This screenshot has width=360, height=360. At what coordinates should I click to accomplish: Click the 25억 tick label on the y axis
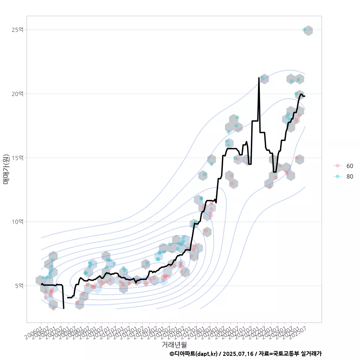pos(17,30)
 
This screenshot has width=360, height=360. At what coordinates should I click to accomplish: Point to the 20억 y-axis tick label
pos(17,94)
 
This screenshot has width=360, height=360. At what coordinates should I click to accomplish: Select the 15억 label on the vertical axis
pos(17,157)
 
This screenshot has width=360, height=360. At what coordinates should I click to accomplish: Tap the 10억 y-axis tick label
pos(17,222)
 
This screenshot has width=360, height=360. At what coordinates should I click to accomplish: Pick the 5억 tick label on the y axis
pos(19,286)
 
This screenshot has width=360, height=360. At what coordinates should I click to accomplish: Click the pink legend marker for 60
pos(337,166)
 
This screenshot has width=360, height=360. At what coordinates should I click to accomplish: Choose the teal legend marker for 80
pos(337,176)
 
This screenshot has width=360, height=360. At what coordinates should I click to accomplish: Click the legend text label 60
pos(349,166)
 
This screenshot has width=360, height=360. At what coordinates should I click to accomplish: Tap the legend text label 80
pos(349,176)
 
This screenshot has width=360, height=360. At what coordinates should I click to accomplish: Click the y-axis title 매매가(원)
pos(6,169)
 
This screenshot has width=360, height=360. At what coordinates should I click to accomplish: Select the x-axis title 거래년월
pos(174,344)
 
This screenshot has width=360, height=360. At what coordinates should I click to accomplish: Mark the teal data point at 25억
pos(304,30)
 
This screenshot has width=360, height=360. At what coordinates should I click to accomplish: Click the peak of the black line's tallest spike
pos(259,78)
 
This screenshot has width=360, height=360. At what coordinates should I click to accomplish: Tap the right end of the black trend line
pos(305,96)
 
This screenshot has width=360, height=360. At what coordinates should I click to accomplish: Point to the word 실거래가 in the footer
pos(311,354)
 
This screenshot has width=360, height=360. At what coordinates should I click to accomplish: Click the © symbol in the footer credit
pos(172,354)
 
